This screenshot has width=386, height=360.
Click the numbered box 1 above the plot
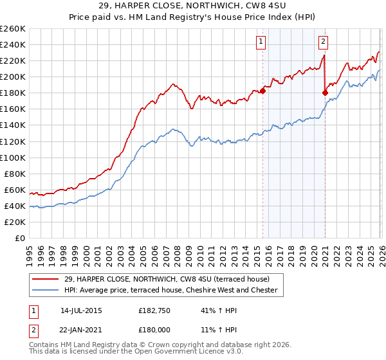(x=261, y=42)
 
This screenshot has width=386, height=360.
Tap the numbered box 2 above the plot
(x=323, y=42)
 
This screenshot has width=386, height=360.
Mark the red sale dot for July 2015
(x=262, y=91)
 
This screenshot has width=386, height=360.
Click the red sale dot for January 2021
(x=325, y=93)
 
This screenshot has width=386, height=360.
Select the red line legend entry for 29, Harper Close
(x=161, y=278)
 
